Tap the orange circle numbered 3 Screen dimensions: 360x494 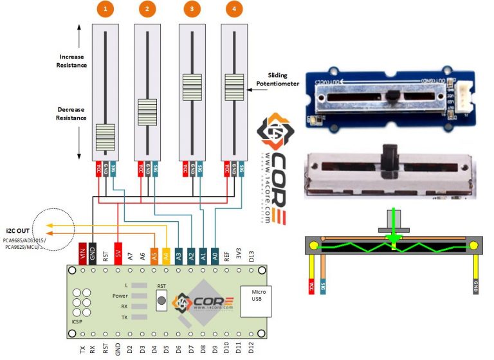point(191,9)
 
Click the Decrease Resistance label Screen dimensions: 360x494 point(71,114)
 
